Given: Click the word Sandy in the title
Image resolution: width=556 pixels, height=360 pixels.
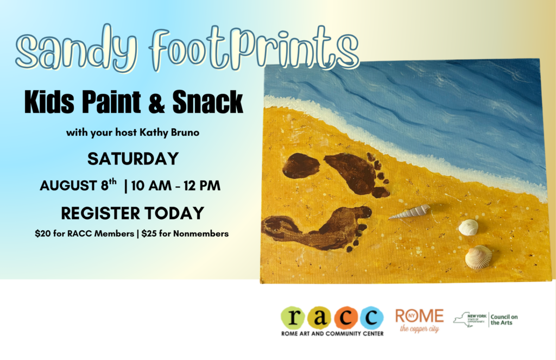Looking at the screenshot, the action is pos(75,49).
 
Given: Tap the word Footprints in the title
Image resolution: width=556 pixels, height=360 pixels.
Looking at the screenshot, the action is pos(254,48).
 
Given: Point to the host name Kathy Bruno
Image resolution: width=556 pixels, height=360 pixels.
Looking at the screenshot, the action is pos(169,132).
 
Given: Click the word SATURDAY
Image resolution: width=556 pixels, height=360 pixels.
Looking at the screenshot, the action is pos(133,159).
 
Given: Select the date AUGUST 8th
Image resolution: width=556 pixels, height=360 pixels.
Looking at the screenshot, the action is pos(78,185).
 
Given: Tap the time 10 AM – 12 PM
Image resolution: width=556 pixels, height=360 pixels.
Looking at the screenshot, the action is pos(176,186).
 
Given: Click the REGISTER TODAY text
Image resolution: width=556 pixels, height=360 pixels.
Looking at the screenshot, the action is pos(132,213).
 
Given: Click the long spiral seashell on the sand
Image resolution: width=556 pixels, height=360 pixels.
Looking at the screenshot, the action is pos(409,212).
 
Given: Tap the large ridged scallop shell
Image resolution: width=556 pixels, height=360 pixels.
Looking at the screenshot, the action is pos(479,257).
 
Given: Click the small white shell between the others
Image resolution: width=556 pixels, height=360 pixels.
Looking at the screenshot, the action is pos(469,228).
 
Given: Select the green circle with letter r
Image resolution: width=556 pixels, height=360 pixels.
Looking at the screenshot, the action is pos(293,318).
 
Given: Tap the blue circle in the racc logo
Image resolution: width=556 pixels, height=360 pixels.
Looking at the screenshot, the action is pos(371,318).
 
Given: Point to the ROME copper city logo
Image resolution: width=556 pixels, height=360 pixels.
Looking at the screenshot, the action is pos(420,320).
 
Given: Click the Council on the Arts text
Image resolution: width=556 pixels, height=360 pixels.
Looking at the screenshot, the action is pos(504,320).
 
